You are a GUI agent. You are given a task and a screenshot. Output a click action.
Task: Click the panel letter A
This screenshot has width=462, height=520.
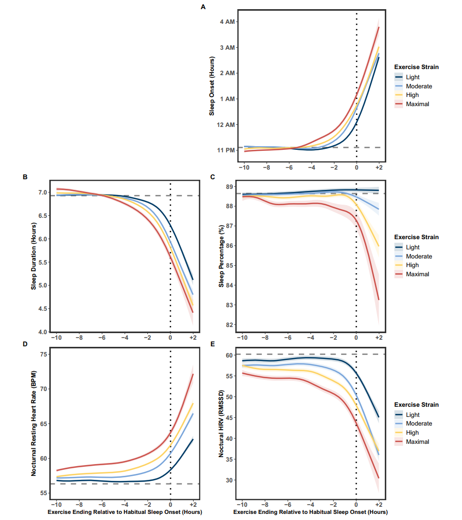point(203,7)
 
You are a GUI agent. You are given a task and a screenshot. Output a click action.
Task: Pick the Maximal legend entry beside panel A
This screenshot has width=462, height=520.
point(417,104)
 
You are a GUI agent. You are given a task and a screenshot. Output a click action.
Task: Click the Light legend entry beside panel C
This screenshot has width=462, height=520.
point(413,247)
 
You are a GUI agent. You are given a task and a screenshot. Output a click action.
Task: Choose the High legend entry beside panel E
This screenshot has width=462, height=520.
point(412,433)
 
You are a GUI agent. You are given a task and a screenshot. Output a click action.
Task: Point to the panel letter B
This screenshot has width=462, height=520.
point(25,177)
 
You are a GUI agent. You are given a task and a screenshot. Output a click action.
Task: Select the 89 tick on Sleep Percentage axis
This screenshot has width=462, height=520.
point(229,187)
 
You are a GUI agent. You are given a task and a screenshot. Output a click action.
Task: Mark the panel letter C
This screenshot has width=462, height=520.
point(212,177)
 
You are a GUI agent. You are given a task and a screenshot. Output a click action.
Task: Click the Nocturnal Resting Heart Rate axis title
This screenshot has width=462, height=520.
point(34,424)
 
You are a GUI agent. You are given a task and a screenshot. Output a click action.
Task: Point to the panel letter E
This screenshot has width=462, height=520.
point(212,344)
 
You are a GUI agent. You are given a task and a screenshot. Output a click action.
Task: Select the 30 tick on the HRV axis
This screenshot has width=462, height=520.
point(229,480)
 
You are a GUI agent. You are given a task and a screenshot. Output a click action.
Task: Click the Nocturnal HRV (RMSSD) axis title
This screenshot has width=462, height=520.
point(222,424)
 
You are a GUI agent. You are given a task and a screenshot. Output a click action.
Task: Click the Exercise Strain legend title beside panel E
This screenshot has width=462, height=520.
point(417,405)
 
